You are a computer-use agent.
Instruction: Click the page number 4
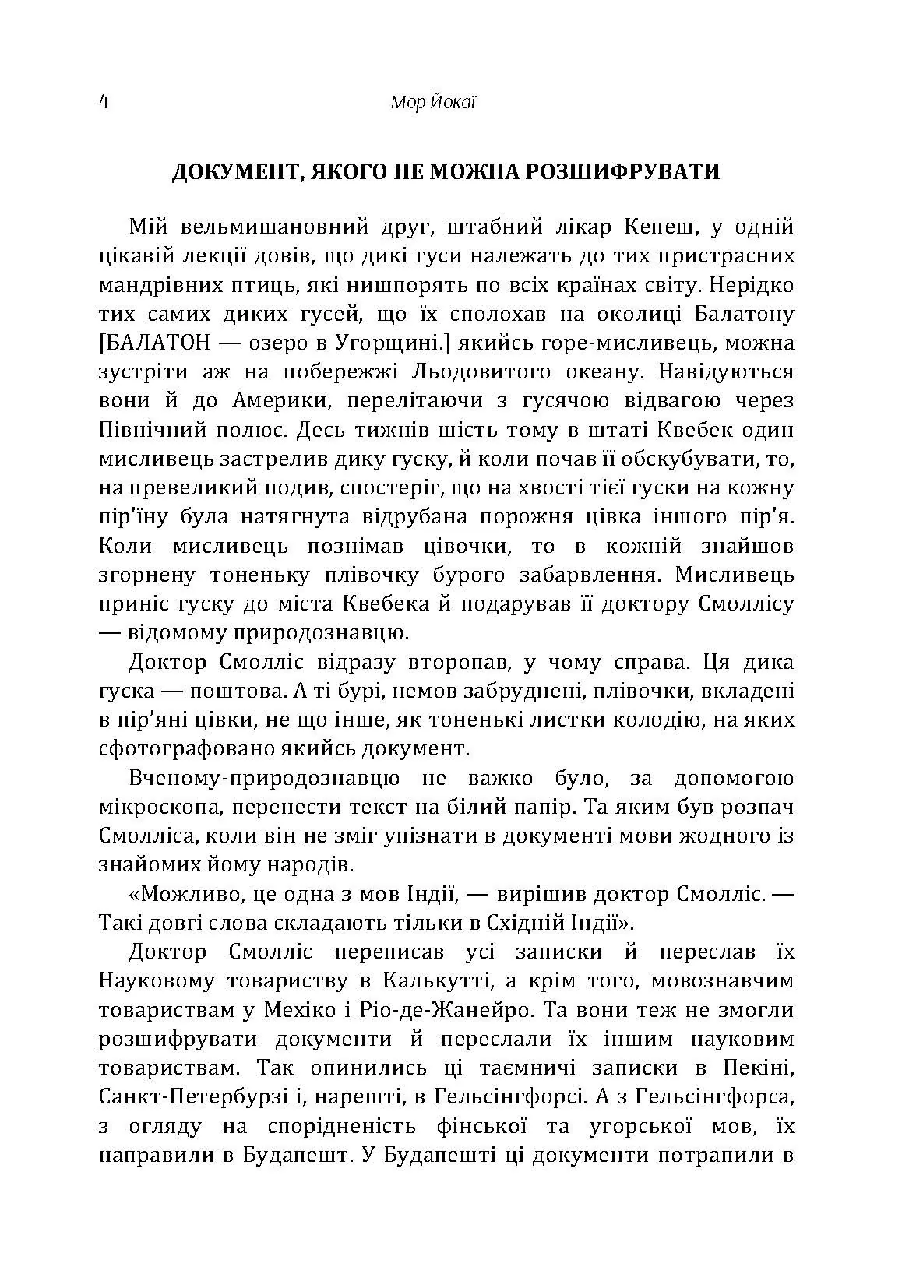pos(104,103)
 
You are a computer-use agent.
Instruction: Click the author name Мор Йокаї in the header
pos(432,103)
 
